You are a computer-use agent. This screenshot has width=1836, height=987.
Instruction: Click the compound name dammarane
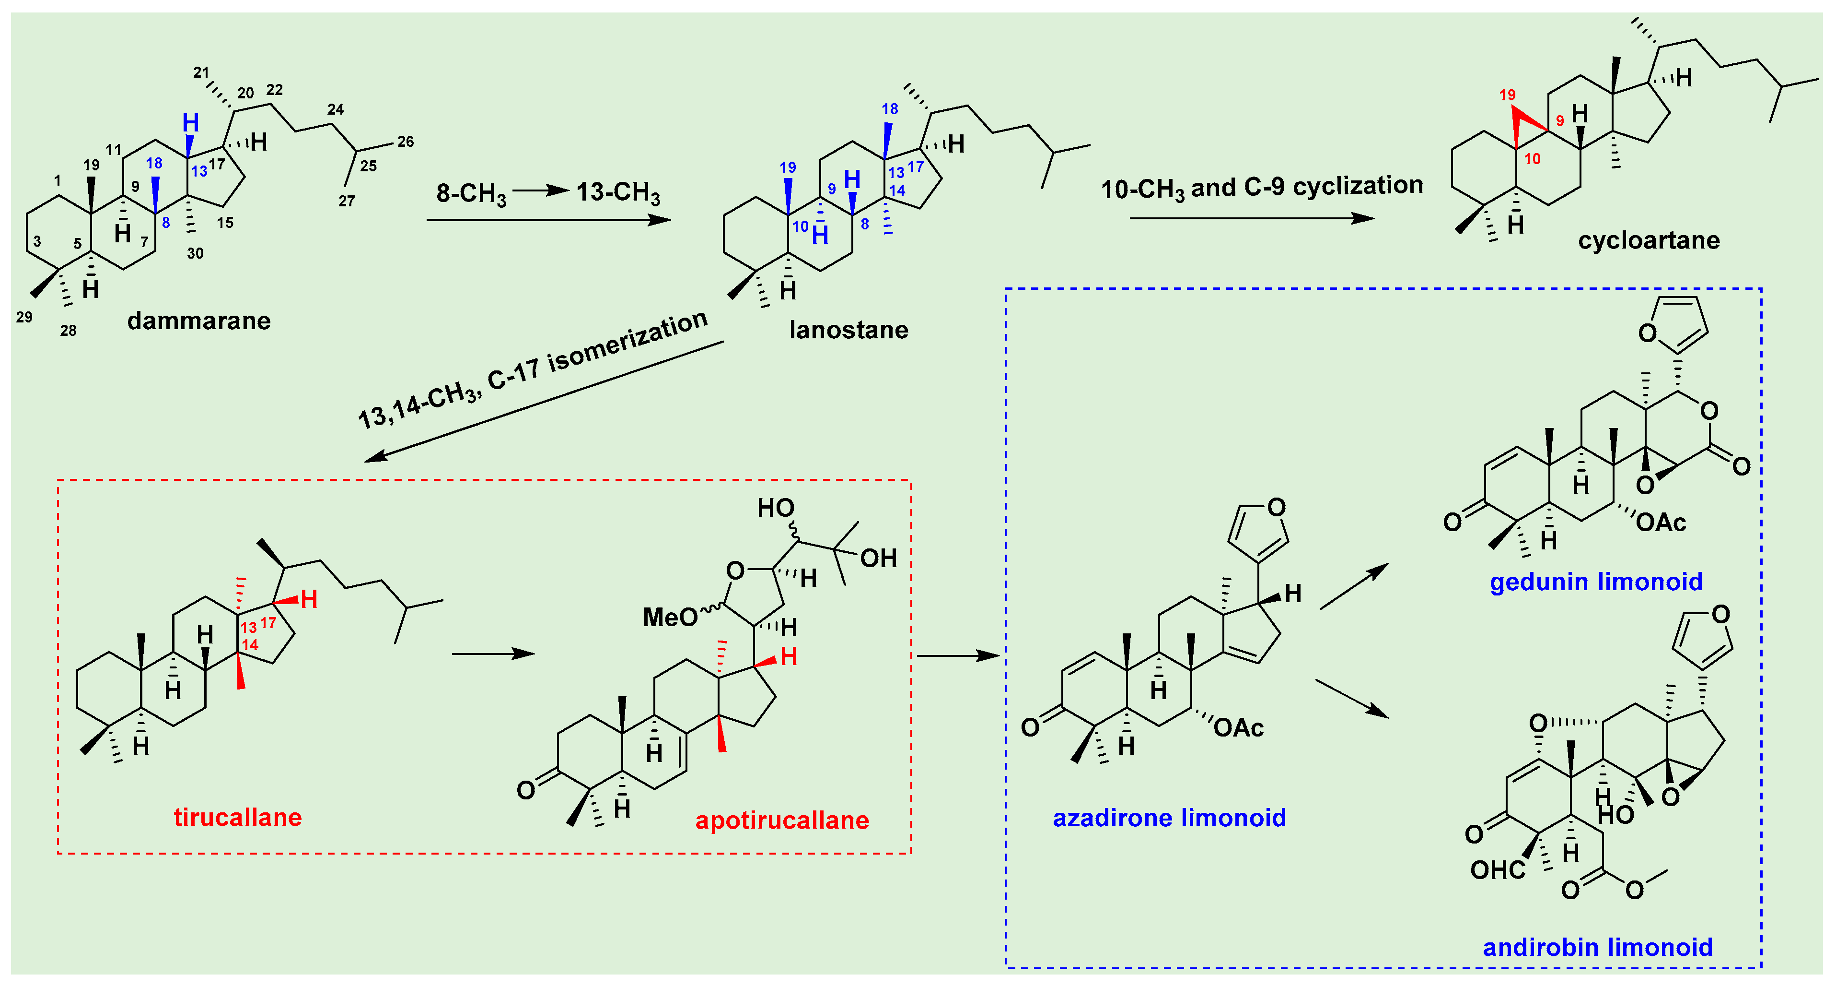pyautogui.click(x=199, y=321)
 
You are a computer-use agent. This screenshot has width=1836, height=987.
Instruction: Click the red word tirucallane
pyautogui.click(x=237, y=817)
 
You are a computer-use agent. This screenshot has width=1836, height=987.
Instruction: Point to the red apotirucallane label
pyautogui.click(x=782, y=820)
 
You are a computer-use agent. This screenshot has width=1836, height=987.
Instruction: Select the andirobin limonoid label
pyautogui.click(x=1597, y=947)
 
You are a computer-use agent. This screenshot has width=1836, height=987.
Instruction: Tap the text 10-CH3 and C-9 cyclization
pyautogui.click(x=1262, y=188)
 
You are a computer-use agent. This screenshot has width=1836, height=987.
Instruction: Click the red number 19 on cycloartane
pyautogui.click(x=1507, y=95)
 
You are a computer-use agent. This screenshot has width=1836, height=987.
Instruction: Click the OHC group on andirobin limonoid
pyautogui.click(x=1498, y=870)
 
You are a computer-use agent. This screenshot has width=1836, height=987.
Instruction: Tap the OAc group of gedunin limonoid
pyautogui.click(x=1661, y=523)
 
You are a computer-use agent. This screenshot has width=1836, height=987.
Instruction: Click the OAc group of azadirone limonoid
pyautogui.click(x=1238, y=728)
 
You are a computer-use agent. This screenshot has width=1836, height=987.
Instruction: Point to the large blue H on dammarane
pyautogui.click(x=190, y=123)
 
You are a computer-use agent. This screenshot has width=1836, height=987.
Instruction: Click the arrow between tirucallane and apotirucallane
pyautogui.click(x=493, y=653)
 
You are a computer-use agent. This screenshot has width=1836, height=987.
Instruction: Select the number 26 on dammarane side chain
pyautogui.click(x=406, y=141)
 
